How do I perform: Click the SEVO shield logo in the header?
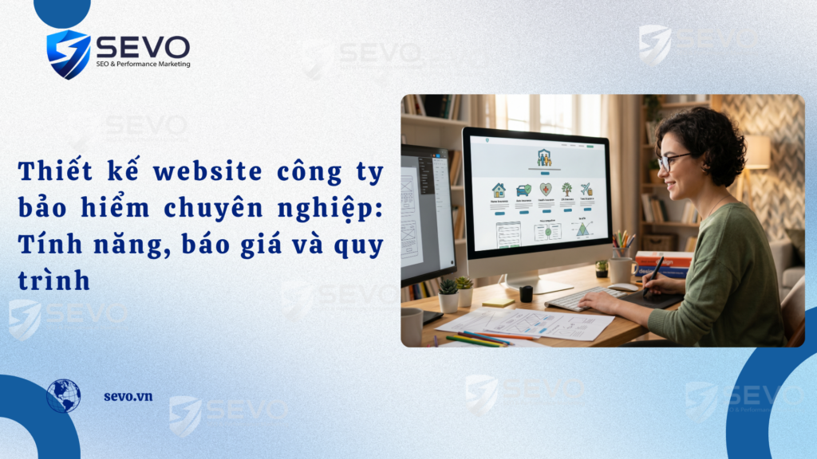68,53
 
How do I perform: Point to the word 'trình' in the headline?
53,280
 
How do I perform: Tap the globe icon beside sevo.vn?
63,395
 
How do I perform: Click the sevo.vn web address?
128,396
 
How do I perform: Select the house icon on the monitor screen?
499,190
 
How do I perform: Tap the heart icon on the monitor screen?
546,190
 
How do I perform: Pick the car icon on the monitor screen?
523,190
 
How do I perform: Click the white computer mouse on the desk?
623,287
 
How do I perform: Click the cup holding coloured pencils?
621,267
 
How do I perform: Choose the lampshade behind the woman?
757,151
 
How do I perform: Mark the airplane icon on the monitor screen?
586,189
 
